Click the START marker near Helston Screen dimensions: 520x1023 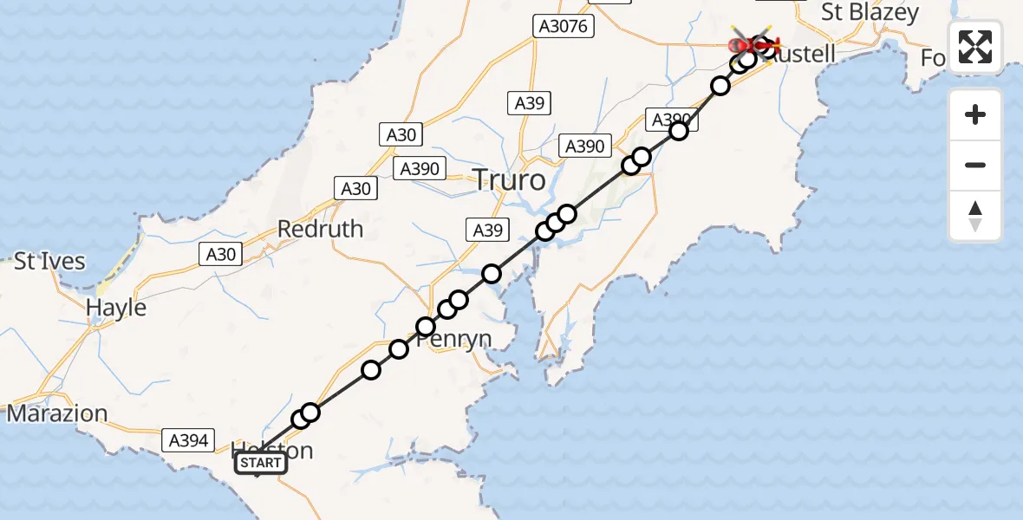pyautogui.click(x=260, y=464)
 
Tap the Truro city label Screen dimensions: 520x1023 pyautogui.click(x=509, y=180)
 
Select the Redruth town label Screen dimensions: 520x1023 pyautogui.click(x=320, y=229)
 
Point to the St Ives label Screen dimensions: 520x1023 pyautogui.click(x=49, y=261)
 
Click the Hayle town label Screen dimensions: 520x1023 pyautogui.click(x=115, y=308)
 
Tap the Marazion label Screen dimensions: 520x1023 pyautogui.click(x=57, y=413)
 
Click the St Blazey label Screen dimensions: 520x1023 pyautogui.click(x=870, y=13)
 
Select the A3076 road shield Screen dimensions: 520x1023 pyautogui.click(x=563, y=27)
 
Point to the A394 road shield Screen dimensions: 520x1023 pyautogui.click(x=186, y=441)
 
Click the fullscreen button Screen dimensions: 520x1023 pyautogui.click(x=975, y=47)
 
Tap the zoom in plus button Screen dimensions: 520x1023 pyautogui.click(x=975, y=114)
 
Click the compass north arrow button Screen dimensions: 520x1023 pyautogui.click(x=975, y=215)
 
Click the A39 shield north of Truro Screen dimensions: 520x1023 pyautogui.click(x=529, y=103)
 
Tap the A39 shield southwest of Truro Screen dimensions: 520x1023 pyautogui.click(x=485, y=230)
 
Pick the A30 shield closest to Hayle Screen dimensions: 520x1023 pyautogui.click(x=221, y=254)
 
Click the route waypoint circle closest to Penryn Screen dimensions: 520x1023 pyautogui.click(x=426, y=327)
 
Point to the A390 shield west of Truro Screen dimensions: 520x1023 pyautogui.click(x=420, y=169)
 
